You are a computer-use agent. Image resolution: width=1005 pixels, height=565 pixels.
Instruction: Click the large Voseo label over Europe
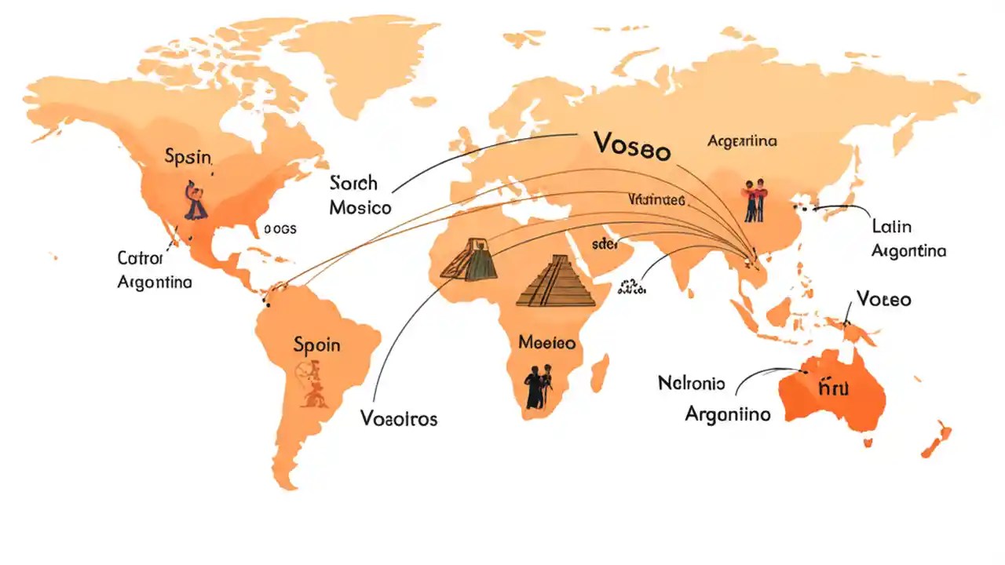tap(632, 145)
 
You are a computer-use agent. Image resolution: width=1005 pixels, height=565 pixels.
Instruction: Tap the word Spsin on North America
tap(188, 157)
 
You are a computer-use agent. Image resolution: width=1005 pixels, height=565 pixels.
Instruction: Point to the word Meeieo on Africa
tap(547, 343)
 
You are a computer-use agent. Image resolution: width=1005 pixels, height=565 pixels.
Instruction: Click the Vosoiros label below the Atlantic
tap(399, 417)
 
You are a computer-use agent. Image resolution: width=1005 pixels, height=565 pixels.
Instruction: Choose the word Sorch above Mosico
tap(354, 184)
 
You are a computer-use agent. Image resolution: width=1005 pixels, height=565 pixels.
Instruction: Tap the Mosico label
tap(360, 208)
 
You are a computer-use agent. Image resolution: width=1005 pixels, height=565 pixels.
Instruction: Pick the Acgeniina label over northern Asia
tap(742, 141)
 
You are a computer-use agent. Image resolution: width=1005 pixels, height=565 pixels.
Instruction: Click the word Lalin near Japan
tap(892, 227)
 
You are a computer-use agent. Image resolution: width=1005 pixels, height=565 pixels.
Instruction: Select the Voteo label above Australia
tap(884, 299)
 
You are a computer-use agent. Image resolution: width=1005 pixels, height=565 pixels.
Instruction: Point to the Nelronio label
tap(692, 384)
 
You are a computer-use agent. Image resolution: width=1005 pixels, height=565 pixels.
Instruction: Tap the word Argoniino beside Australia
tap(728, 414)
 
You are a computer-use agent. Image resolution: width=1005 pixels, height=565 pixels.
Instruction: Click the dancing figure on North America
tap(195, 200)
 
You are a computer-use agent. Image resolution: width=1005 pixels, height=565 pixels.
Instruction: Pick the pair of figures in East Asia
tap(752, 199)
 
